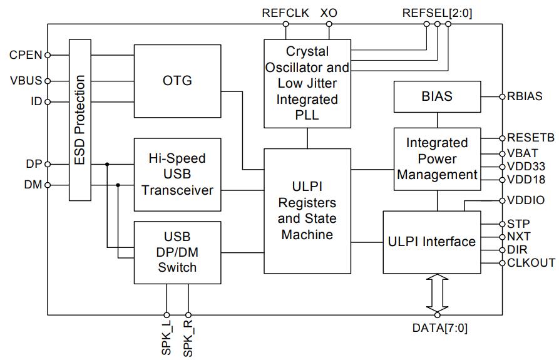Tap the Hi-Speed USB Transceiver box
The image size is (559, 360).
pyautogui.click(x=177, y=174)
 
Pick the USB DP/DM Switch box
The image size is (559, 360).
pyautogui.click(x=177, y=252)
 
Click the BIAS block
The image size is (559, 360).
pyautogui.click(x=437, y=97)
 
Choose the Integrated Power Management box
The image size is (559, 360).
pyautogui.click(x=437, y=159)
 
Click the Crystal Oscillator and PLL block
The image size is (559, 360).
pyautogui.click(x=307, y=83)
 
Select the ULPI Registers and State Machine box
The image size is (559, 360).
pyautogui.click(x=307, y=210)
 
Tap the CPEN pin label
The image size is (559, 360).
pyautogui.click(x=26, y=55)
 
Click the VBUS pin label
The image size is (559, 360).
pyautogui.click(x=26, y=81)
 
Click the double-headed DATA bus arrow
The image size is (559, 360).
pyautogui.click(x=437, y=294)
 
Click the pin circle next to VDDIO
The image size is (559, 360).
pyautogui.click(x=502, y=201)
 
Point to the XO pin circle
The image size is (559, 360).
pyautogui.click(x=329, y=25)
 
